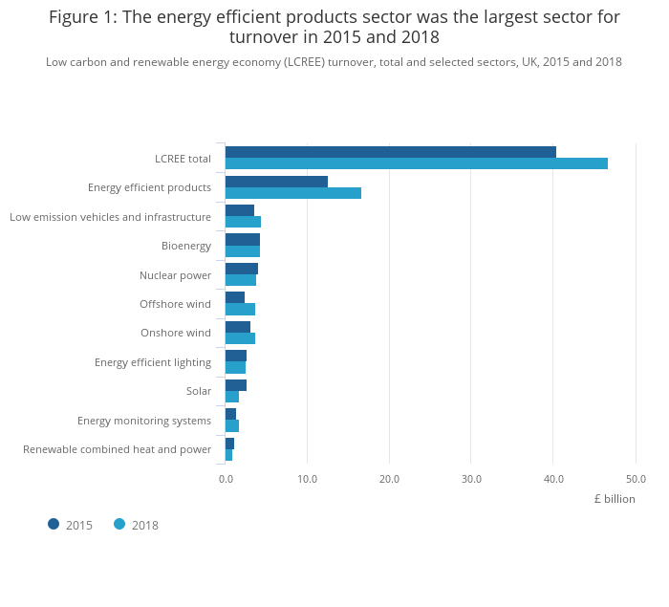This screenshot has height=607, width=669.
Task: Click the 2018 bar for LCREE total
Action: (x=416, y=163)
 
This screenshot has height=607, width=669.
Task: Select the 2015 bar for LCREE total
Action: (x=390, y=152)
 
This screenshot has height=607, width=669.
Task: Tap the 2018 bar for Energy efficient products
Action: (x=293, y=193)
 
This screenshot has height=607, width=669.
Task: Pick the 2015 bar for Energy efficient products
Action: (x=276, y=182)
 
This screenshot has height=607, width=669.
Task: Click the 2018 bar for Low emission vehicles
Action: (x=243, y=222)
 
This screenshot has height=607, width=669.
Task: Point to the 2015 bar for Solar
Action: (x=236, y=385)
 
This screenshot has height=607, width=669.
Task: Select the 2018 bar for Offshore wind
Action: (x=240, y=309)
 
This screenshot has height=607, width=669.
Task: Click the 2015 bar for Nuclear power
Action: (x=242, y=269)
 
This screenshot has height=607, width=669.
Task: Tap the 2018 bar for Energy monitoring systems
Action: (x=232, y=425)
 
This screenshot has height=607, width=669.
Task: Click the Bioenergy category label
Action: (x=185, y=246)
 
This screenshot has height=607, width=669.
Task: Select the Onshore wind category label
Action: (x=175, y=333)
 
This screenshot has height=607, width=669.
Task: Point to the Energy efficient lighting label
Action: (x=152, y=362)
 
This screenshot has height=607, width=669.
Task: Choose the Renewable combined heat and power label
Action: (x=117, y=449)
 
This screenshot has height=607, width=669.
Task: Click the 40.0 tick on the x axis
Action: (x=553, y=479)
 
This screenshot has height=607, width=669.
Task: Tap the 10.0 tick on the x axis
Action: (x=307, y=479)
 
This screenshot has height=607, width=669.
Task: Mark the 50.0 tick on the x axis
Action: (x=636, y=479)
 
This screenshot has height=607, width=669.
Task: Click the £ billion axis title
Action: (x=614, y=499)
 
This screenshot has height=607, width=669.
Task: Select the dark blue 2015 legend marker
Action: (x=54, y=524)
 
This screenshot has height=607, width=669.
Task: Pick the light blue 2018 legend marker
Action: (x=119, y=524)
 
